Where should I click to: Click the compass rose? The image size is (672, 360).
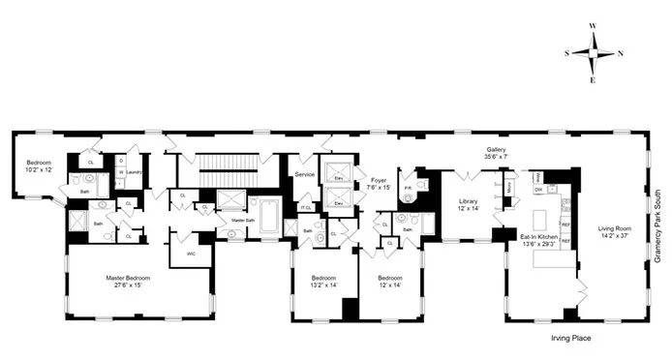(592, 53)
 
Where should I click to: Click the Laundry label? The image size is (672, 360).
(134, 172)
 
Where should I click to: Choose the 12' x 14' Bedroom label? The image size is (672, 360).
(392, 284)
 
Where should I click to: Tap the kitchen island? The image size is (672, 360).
(543, 208)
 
